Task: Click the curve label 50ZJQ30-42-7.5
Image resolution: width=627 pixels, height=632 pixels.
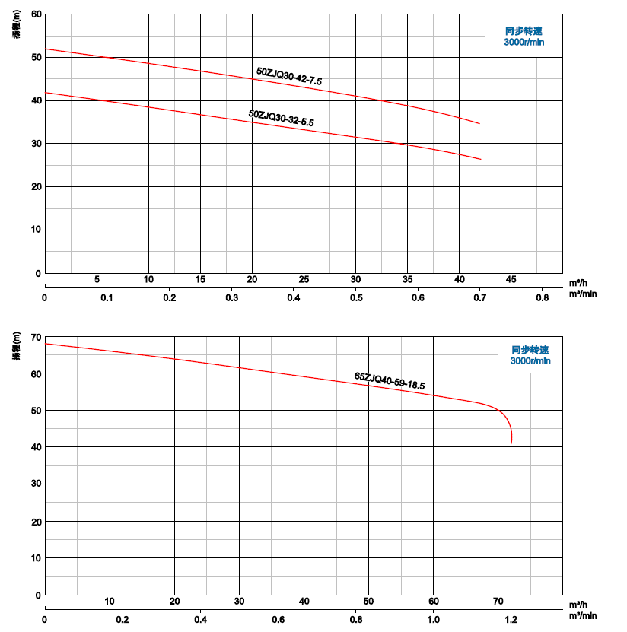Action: click(289, 75)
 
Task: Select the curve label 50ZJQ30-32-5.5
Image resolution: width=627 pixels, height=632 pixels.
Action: click(281, 118)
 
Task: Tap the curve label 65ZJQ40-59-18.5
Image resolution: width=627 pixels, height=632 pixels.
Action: click(389, 381)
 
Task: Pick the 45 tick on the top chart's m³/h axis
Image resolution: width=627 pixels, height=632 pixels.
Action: click(511, 279)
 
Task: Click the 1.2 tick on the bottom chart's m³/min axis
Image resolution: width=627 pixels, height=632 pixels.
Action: click(511, 618)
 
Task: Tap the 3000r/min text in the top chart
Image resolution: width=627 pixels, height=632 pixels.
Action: click(524, 42)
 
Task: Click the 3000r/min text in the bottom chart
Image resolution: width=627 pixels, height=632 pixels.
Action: click(530, 361)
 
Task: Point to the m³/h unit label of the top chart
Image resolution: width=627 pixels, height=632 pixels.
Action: click(578, 281)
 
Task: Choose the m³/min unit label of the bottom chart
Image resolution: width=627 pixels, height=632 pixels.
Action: click(581, 615)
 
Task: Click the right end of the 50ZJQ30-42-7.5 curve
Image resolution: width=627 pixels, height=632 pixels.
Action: click(480, 123)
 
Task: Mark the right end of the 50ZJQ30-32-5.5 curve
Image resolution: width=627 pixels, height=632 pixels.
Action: click(481, 159)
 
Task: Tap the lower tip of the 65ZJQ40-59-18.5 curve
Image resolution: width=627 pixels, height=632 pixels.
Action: click(511, 443)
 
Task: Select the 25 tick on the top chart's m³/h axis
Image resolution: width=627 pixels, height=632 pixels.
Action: click(304, 279)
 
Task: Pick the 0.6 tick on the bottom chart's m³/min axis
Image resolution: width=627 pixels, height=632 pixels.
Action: click(278, 618)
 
